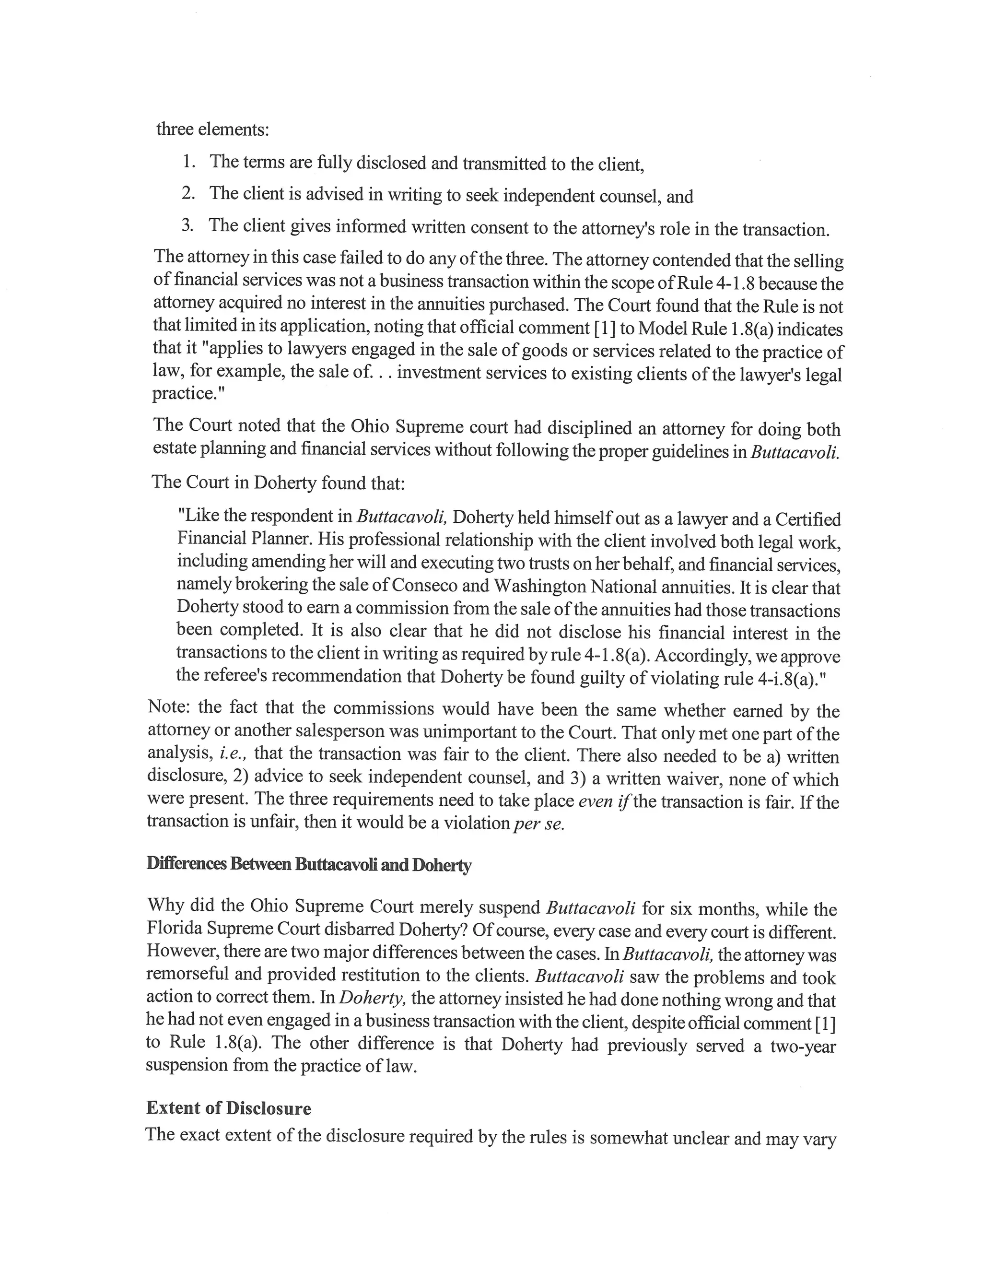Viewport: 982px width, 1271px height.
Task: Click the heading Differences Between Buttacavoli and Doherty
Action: tap(308, 864)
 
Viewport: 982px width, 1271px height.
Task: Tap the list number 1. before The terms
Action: tap(189, 161)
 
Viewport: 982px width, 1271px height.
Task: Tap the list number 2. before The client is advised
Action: tap(188, 193)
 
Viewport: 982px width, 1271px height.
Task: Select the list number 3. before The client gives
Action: tap(187, 225)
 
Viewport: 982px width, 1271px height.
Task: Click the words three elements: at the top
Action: tap(212, 129)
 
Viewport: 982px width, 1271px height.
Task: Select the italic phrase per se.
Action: tap(539, 824)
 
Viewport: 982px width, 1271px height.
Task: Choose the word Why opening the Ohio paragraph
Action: tap(163, 905)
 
